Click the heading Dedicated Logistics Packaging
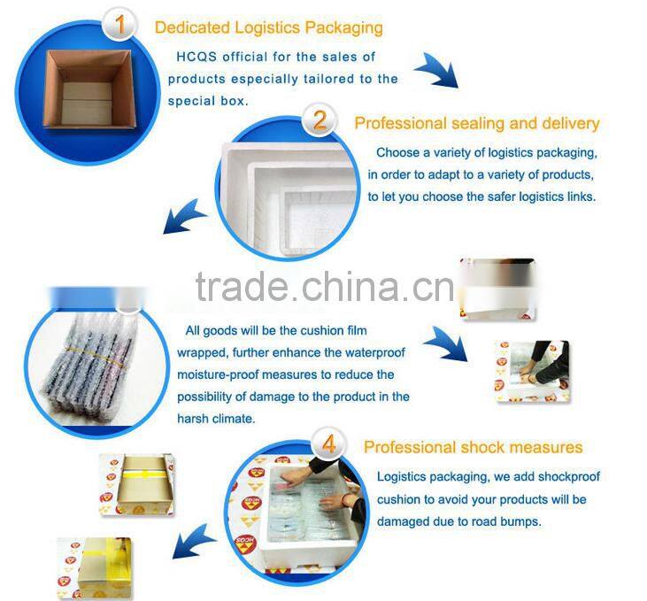point(268,27)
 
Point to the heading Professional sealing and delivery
point(476,123)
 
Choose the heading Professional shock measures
point(473,447)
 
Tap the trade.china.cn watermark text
point(324,286)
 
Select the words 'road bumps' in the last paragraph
point(506,521)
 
